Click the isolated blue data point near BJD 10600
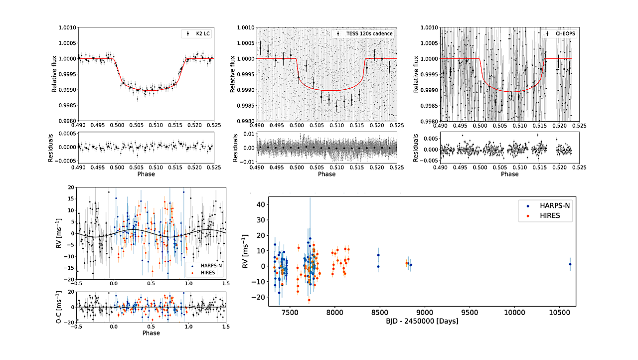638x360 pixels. [x=570, y=264]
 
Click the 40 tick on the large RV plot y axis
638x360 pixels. [x=258, y=204]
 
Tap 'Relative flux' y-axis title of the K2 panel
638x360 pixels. [x=54, y=74]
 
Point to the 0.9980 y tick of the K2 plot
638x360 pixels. [x=67, y=121]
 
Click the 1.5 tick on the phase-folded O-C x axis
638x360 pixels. [x=226, y=327]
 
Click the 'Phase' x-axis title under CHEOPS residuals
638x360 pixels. [x=509, y=174]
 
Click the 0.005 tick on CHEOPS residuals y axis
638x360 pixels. [x=430, y=138]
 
